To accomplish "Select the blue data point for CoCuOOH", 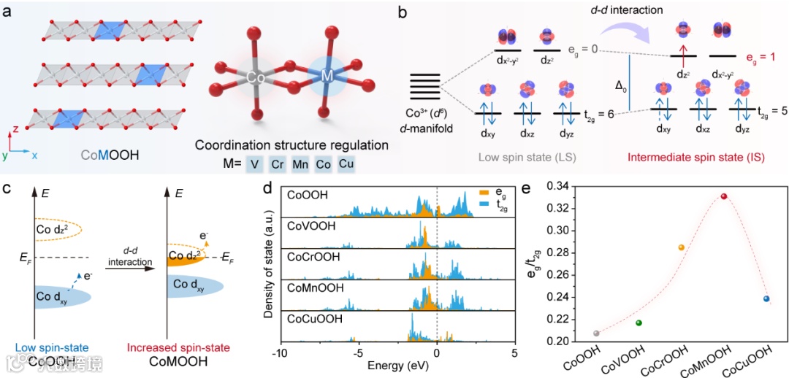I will [766, 298].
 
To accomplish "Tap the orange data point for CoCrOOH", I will [682, 247].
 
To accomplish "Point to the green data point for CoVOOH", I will [639, 323].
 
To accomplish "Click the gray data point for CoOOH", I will [597, 333].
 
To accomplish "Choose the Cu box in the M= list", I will [346, 164].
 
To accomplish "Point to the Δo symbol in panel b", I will [621, 85].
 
